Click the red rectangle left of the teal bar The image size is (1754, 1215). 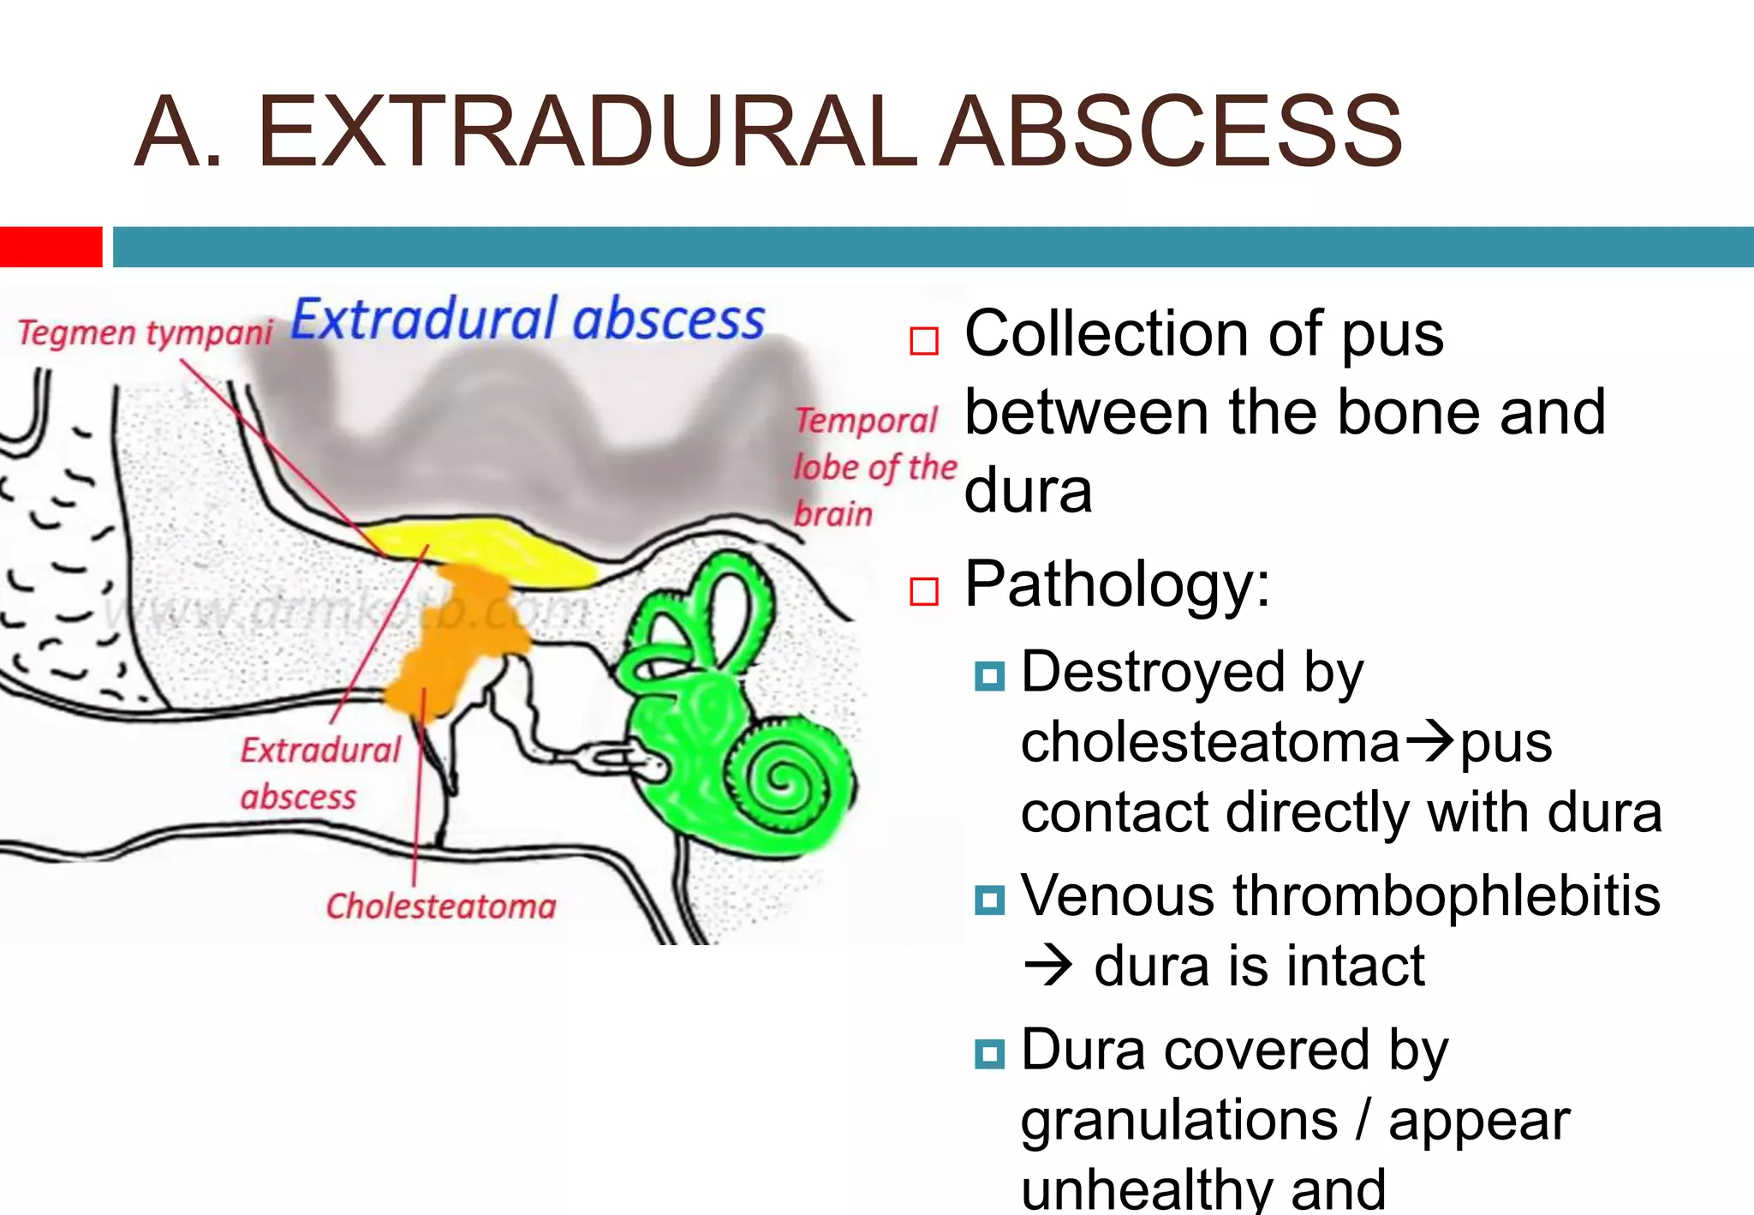[x=51, y=247]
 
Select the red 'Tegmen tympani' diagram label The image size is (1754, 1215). [x=145, y=332]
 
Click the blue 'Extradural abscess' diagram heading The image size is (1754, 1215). [x=528, y=320]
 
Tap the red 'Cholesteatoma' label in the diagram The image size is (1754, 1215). [x=441, y=906]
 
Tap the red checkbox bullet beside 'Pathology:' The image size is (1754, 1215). [x=924, y=590]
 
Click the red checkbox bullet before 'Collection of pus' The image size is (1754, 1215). [x=924, y=340]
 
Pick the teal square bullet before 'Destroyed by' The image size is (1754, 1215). [x=989, y=676]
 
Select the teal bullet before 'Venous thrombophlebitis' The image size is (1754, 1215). [x=989, y=900]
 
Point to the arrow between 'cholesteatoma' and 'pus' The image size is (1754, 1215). [x=1429, y=741]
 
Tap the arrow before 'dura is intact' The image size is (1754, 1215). [x=1047, y=967]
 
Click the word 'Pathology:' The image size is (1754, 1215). [x=1117, y=584]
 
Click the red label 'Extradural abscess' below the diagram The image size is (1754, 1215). [x=319, y=773]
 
